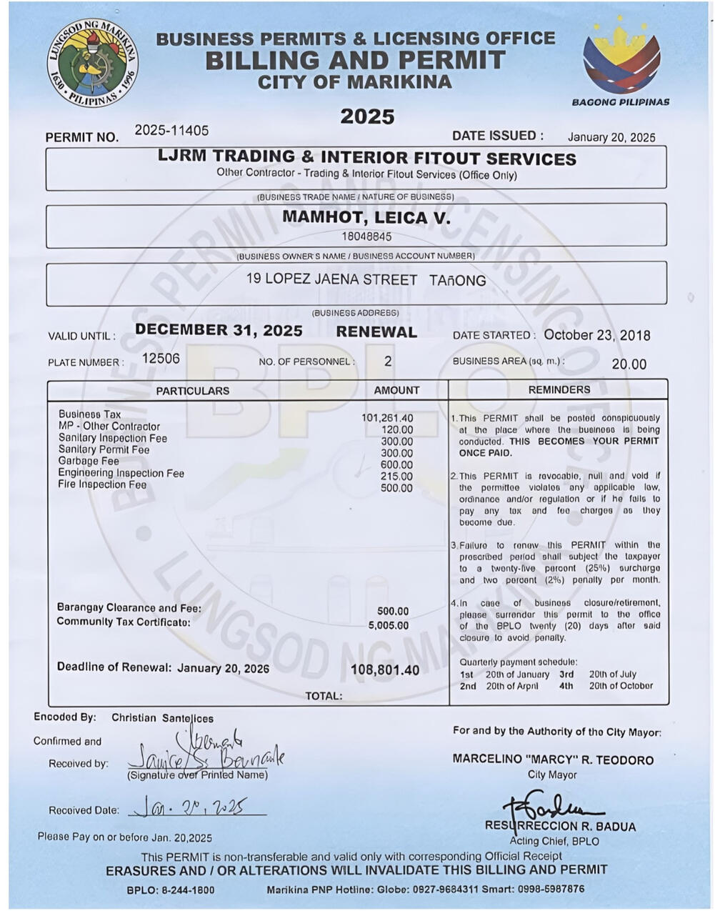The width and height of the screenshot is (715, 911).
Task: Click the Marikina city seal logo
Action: click(x=93, y=63)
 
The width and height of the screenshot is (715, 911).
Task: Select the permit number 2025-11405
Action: click(x=171, y=130)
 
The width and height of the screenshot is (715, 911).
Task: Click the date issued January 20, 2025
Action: click(x=611, y=137)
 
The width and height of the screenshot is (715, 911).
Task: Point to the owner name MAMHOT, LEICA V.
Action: click(x=366, y=217)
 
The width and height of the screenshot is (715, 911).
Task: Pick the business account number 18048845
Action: click(x=366, y=237)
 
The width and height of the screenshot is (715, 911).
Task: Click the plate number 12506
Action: click(x=161, y=358)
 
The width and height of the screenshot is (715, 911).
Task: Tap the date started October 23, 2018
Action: click(x=596, y=335)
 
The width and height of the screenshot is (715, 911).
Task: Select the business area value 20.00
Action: click(x=629, y=364)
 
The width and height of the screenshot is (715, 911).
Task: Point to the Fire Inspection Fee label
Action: click(x=102, y=484)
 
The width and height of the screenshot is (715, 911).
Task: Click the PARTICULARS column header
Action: click(x=193, y=391)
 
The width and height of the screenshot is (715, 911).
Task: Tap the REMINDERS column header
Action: click(x=559, y=389)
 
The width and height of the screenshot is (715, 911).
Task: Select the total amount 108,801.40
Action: click(x=385, y=670)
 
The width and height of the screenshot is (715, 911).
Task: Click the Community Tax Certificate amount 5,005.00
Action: click(x=389, y=625)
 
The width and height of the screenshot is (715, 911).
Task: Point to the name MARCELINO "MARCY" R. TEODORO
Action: click(x=553, y=760)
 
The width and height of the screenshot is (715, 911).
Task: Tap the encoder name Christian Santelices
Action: click(x=162, y=718)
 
